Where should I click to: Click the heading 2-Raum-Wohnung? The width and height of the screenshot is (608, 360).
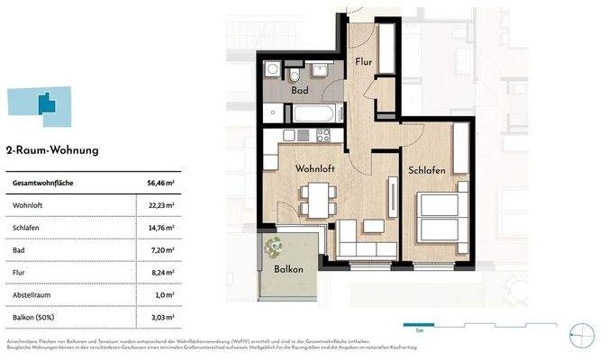tap(52, 150)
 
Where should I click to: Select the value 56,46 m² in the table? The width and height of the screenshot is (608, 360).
tap(159, 183)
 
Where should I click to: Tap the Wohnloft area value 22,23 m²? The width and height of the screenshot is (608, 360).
tap(160, 205)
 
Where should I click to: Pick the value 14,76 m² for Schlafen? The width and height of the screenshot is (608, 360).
tap(160, 228)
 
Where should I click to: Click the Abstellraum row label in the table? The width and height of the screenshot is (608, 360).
tap(32, 293)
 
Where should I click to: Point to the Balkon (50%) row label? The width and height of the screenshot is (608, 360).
tap(34, 316)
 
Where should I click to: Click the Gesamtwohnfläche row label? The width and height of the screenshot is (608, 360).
tap(42, 183)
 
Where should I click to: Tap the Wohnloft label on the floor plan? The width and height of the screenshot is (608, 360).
tap(316, 168)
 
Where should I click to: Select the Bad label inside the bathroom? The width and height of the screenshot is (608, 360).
tap(300, 91)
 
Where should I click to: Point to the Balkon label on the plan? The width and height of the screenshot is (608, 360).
tap(288, 269)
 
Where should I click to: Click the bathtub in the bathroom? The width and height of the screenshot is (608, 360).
tap(314, 114)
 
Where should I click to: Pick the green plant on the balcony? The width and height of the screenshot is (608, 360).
tap(274, 244)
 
